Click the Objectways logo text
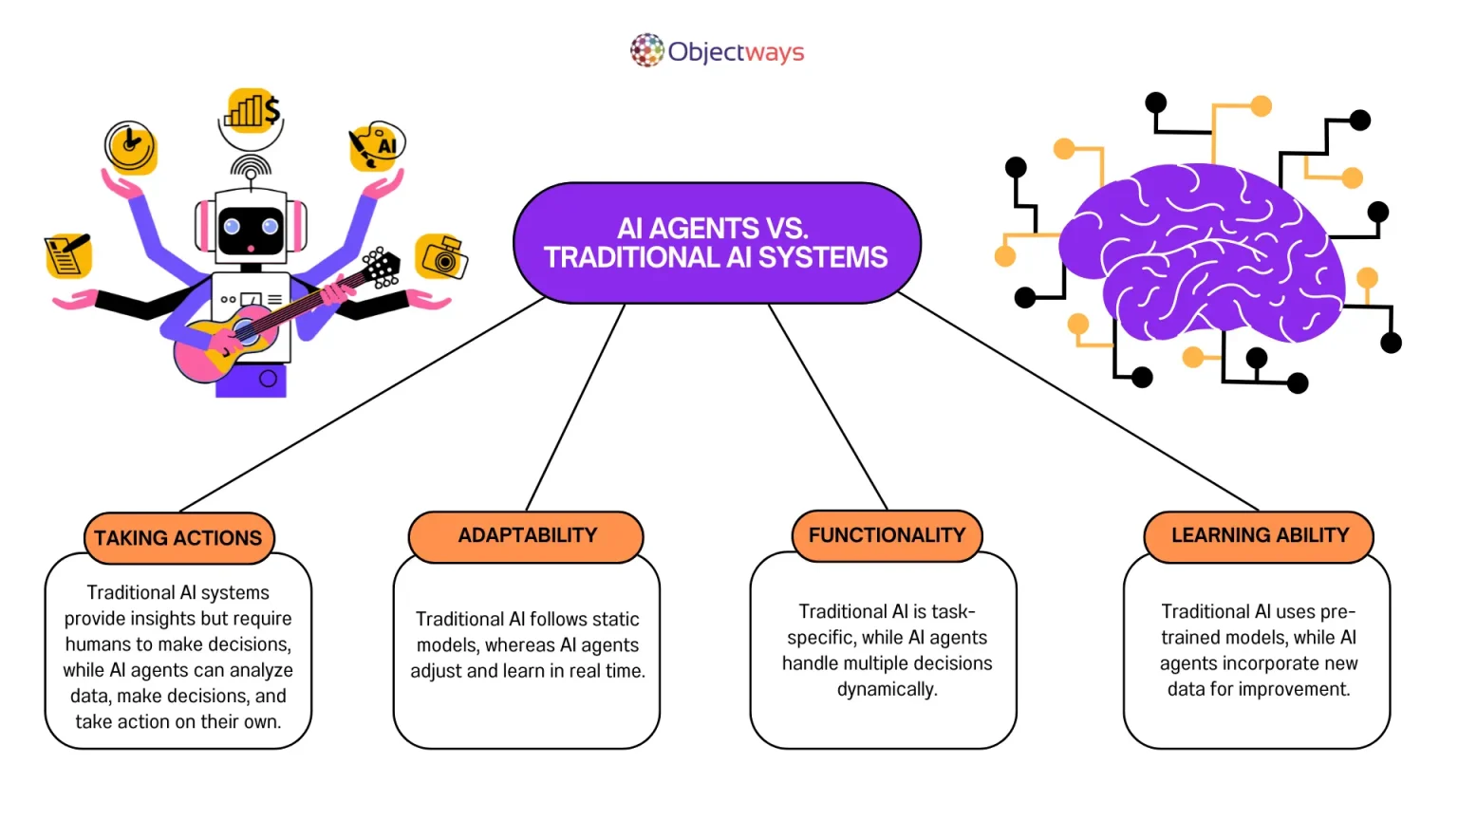(x=736, y=51)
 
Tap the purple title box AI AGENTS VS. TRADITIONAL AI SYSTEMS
(x=717, y=243)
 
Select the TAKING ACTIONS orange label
(x=178, y=538)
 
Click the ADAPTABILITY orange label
(x=527, y=536)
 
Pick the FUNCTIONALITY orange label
(x=887, y=535)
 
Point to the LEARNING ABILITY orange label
(x=1259, y=536)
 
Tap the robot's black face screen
(x=251, y=231)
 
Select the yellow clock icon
(x=131, y=147)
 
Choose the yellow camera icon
(x=442, y=256)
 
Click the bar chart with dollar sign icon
(x=252, y=111)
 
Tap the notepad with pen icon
(x=67, y=255)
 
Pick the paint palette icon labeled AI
(x=377, y=146)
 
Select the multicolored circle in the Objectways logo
(x=647, y=51)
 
